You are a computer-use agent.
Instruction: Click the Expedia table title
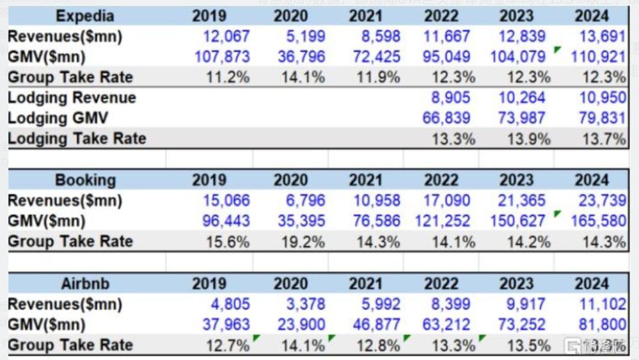coord(85,16)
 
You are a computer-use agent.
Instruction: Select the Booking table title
coord(85,180)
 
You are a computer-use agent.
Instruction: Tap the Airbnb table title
coord(85,284)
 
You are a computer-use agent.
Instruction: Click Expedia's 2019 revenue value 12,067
coord(227,37)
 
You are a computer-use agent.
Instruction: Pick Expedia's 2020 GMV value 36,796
coord(301,57)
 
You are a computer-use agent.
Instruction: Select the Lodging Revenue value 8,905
coord(447,98)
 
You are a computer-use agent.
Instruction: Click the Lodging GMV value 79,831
coord(602,118)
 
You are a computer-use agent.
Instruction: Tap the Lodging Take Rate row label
coord(77,139)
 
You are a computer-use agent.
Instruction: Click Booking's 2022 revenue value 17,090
coord(447,201)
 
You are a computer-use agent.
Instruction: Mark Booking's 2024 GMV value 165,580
coord(598,221)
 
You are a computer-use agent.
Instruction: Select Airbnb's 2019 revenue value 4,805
coord(230,304)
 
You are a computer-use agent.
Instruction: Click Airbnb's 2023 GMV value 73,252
coord(522,325)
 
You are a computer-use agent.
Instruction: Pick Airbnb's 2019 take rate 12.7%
coord(228,345)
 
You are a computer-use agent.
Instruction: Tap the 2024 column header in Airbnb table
coord(592,284)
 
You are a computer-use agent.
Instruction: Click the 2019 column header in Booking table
coord(209,180)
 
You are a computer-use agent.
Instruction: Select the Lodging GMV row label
coord(58,118)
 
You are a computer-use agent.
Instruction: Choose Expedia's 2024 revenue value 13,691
coord(602,37)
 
